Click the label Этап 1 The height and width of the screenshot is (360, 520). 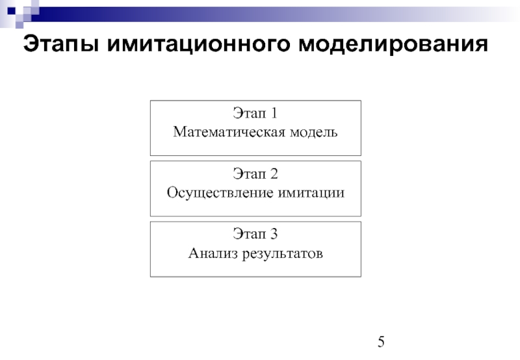[x=255, y=114]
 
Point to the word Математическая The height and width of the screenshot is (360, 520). [x=225, y=132]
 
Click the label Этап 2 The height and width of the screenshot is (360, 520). [x=255, y=174]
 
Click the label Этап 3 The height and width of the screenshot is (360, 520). [x=255, y=234]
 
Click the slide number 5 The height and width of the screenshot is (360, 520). [x=382, y=343]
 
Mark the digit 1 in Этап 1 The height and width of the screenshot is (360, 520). [x=274, y=114]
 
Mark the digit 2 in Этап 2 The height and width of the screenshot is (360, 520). [x=274, y=174]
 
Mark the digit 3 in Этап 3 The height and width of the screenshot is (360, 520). [x=274, y=234]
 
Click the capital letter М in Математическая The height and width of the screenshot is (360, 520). [x=179, y=132]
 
